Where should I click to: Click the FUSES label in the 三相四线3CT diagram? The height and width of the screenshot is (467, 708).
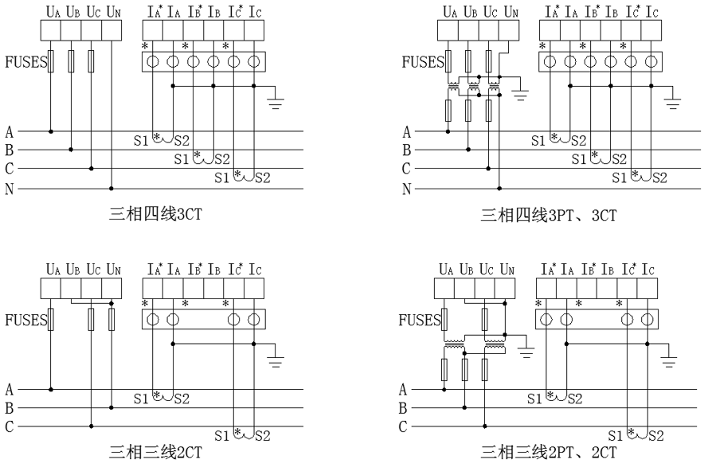25,61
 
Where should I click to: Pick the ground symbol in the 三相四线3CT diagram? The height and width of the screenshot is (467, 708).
278,99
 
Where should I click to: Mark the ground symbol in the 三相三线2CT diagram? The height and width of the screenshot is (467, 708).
278,359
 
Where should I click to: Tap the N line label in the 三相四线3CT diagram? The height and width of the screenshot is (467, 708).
9,189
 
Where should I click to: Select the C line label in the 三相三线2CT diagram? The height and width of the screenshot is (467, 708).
9,427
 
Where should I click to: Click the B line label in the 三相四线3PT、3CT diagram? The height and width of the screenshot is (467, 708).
406,150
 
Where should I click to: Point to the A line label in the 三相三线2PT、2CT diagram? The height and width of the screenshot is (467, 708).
403,390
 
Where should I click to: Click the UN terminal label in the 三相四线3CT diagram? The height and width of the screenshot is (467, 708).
114,12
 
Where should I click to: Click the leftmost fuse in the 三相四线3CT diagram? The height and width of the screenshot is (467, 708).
52,61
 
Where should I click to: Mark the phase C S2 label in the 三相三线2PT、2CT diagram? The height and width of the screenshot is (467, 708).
656,436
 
